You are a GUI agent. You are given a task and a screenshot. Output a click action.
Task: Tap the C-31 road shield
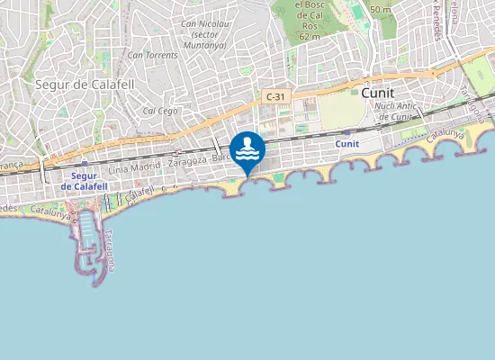click(x=275, y=95)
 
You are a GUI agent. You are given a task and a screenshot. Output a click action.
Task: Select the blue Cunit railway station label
click(x=346, y=143)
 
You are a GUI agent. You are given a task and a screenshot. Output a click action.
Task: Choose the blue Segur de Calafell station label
click(x=84, y=180)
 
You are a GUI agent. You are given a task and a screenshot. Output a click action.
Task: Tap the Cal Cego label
click(x=158, y=111)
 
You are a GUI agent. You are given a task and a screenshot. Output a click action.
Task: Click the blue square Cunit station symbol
click(x=346, y=131)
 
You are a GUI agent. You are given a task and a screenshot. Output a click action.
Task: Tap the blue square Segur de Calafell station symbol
click(x=84, y=164)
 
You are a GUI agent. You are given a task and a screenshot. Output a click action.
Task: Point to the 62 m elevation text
click(x=310, y=37)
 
